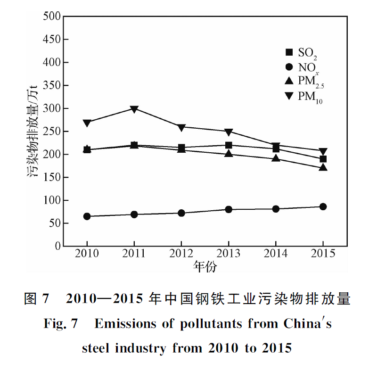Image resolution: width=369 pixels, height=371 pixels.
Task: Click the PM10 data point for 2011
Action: click(134, 109)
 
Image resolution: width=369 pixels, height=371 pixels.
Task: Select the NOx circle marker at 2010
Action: click(87, 216)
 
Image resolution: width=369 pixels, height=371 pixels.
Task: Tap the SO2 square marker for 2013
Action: click(229, 145)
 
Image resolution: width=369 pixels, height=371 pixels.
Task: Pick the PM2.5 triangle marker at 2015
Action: click(323, 167)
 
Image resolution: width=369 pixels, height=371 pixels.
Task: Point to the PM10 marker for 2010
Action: click(87, 123)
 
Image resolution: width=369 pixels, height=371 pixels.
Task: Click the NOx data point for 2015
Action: click(323, 206)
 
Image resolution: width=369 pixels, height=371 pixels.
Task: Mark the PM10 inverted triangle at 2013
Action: click(229, 132)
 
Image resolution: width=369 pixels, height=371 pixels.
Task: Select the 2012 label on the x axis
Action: click(181, 253)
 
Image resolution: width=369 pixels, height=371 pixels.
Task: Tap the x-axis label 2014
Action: click(276, 253)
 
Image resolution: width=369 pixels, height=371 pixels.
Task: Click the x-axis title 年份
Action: click(205, 267)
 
